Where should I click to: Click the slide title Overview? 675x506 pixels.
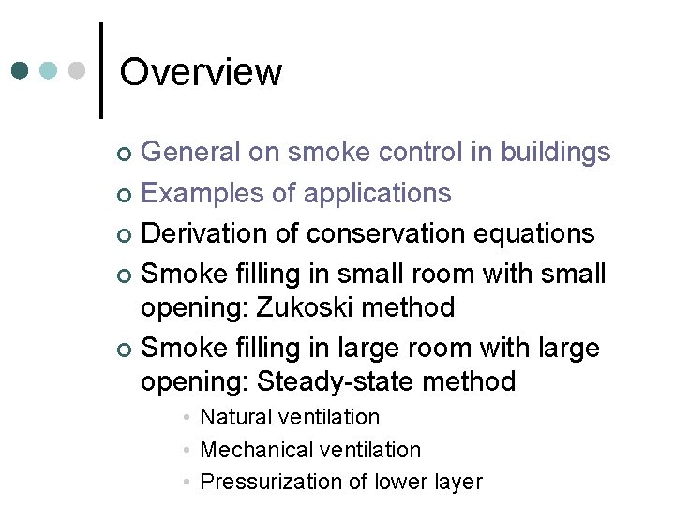[x=201, y=72]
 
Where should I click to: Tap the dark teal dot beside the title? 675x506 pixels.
[x=22, y=70]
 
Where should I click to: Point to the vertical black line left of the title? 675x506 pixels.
[x=101, y=70]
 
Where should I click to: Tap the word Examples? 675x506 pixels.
[x=197, y=193]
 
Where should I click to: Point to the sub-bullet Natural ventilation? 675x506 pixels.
[x=290, y=417]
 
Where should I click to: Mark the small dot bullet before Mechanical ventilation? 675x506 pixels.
[x=188, y=450]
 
